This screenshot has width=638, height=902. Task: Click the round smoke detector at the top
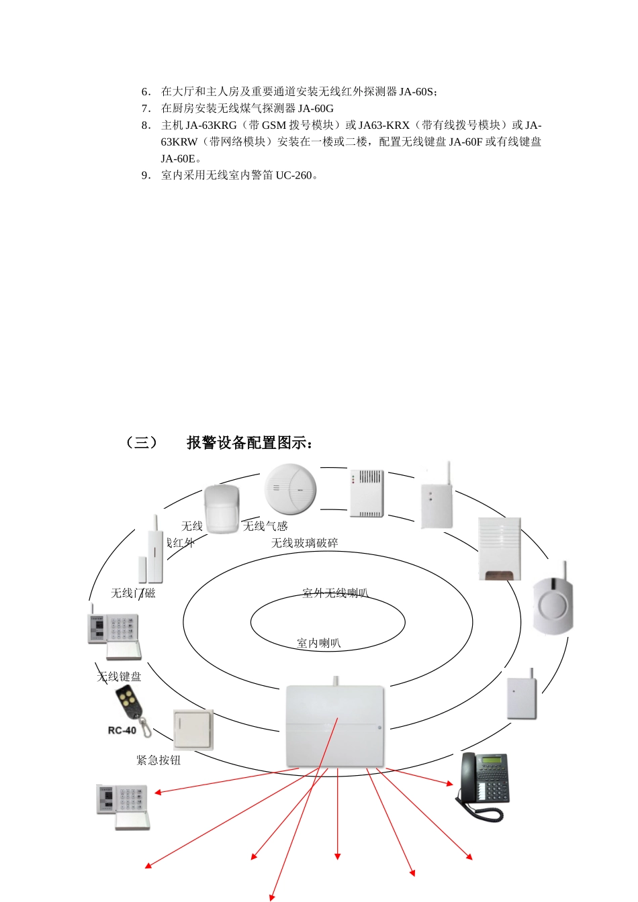pyautogui.click(x=289, y=488)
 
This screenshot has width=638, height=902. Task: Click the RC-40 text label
pyautogui.click(x=122, y=730)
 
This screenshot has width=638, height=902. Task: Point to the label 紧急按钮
pyautogui.click(x=158, y=760)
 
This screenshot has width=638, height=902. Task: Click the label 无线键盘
pyautogui.click(x=120, y=676)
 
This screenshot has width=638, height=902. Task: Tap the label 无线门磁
pyautogui.click(x=133, y=593)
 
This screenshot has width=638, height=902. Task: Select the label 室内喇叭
pyautogui.click(x=319, y=643)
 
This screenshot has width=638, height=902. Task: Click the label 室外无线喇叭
pyautogui.click(x=335, y=593)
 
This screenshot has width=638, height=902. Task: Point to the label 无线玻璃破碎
pyautogui.click(x=304, y=543)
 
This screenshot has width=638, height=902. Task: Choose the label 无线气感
pyautogui.click(x=265, y=526)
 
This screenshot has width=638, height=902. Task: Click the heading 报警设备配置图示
pyautogui.click(x=249, y=443)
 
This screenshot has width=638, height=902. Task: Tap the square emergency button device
pyautogui.click(x=193, y=730)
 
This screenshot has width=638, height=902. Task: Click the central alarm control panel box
pyautogui.click(x=335, y=725)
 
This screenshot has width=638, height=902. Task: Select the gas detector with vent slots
pyautogui.click(x=367, y=493)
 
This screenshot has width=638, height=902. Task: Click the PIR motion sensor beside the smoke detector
pyautogui.click(x=222, y=509)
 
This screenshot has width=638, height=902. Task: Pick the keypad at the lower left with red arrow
pyautogui.click(x=124, y=806)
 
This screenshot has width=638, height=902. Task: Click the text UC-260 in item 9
pyautogui.click(x=293, y=175)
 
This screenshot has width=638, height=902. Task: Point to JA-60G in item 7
pyautogui.click(x=316, y=108)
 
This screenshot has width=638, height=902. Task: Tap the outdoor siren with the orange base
pyautogui.click(x=499, y=549)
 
